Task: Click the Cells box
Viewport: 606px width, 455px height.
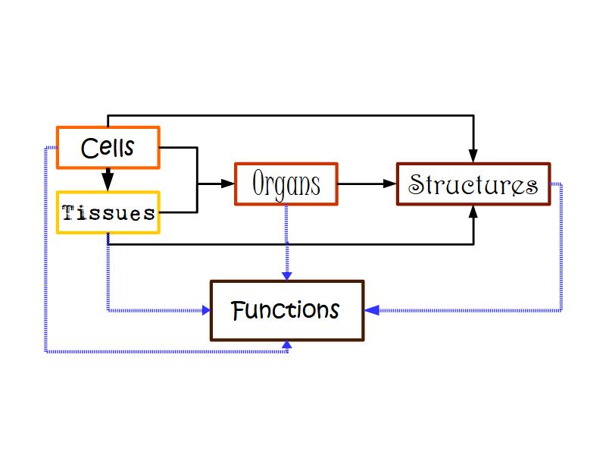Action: point(108,147)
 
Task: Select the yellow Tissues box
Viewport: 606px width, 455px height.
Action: point(108,212)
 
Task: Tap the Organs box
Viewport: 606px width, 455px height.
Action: point(286,184)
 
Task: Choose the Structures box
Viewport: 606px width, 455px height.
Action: point(473,184)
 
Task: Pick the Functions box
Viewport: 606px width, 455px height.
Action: point(287,311)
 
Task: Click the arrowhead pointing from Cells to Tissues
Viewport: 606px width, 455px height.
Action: point(108,182)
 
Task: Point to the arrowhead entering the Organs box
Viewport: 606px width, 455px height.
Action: point(228,184)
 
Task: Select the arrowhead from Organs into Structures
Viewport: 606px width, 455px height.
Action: point(390,184)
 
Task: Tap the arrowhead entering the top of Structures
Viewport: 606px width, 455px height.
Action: point(473,155)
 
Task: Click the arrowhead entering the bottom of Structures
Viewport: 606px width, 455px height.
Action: point(473,212)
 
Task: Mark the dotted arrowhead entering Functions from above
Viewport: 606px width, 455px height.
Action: point(286,275)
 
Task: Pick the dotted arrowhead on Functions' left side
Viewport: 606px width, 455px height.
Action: point(204,310)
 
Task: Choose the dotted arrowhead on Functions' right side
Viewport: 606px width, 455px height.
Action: point(371,310)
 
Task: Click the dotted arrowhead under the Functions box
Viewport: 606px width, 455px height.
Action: point(286,347)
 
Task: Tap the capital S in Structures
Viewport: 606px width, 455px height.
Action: point(416,184)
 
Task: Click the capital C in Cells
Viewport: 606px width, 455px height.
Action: point(88,147)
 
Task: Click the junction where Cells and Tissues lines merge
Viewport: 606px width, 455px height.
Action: point(198,184)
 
